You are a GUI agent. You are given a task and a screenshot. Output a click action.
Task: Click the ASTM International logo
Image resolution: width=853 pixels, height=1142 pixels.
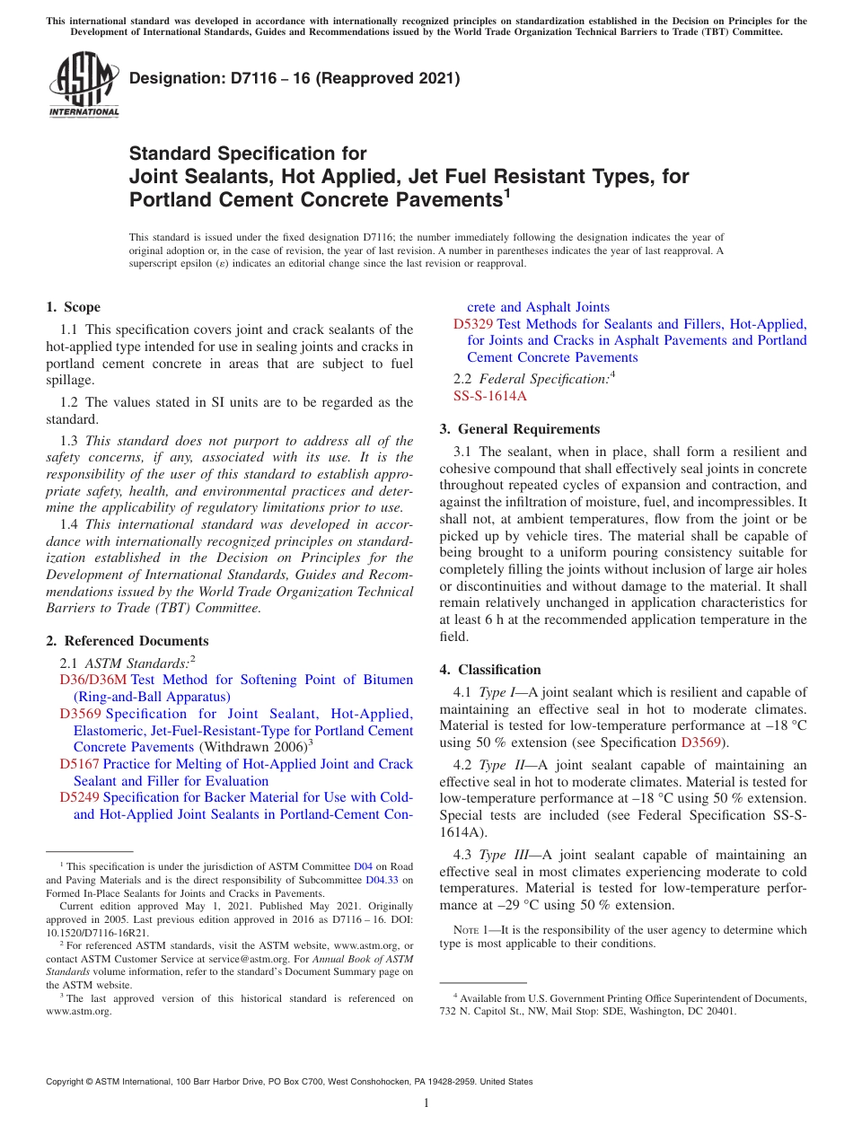pos(84,84)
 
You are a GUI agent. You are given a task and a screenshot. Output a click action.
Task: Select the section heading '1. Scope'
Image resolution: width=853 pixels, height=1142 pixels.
pos(74,307)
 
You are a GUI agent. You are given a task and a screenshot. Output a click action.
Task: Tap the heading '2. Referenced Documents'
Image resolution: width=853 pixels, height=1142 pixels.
pos(128,641)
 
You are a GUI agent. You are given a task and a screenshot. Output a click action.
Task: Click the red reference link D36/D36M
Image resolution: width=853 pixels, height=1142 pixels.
pos(92,680)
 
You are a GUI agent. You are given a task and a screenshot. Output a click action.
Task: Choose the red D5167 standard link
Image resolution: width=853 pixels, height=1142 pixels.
pos(79,764)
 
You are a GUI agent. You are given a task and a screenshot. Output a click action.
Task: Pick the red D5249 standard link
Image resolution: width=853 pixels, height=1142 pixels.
pos(79,797)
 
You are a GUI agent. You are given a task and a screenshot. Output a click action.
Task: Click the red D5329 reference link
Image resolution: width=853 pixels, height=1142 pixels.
pos(473,324)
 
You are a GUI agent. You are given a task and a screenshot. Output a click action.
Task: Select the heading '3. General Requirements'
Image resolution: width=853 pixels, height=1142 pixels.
pos(520,429)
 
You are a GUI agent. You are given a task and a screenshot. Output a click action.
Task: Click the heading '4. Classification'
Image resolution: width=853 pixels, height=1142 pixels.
pos(490,670)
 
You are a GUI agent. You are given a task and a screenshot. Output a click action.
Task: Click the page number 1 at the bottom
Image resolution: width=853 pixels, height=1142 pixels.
pos(426,1102)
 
